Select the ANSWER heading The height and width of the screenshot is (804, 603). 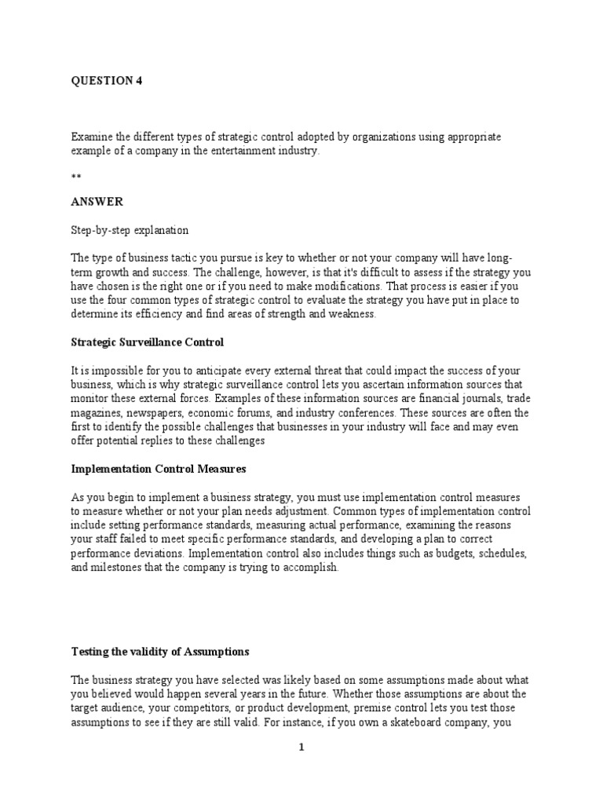[x=97, y=202]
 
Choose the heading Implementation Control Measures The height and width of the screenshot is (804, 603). [x=159, y=469]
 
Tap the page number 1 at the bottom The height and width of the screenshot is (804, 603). [x=301, y=748]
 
